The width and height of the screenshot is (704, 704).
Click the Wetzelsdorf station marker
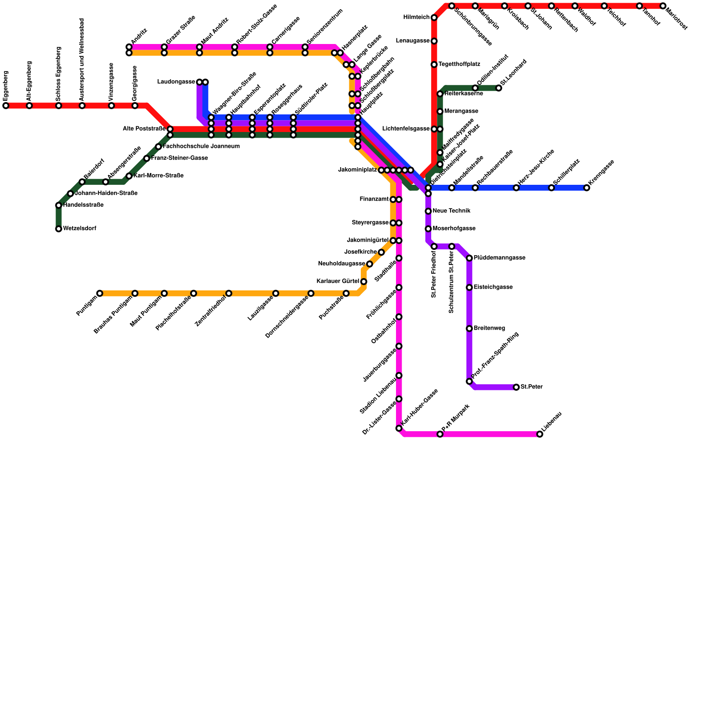tap(59, 229)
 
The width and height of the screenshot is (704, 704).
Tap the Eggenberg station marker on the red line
tap(6, 106)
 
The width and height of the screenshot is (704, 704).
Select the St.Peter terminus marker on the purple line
tap(516, 387)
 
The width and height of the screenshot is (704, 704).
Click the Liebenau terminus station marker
tap(540, 434)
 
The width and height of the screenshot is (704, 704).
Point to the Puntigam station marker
tap(100, 293)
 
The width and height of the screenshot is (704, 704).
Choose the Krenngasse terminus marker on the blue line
tap(587, 188)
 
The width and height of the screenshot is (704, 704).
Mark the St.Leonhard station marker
tap(499, 88)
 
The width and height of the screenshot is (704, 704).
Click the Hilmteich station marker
tap(434, 18)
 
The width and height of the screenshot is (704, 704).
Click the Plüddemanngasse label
tap(499, 258)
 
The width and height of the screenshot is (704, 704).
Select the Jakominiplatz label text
tap(358, 170)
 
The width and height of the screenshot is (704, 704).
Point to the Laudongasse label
tap(176, 82)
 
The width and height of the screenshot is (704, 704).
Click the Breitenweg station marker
tap(469, 329)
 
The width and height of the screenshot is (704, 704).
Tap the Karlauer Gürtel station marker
tap(364, 282)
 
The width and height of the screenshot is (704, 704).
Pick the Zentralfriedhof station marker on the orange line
tap(229, 293)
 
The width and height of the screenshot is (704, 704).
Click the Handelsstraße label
tap(83, 205)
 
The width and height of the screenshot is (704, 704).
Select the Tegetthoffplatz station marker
tap(434, 65)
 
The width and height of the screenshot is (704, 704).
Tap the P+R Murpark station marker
tap(440, 434)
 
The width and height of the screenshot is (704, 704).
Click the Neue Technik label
tap(451, 211)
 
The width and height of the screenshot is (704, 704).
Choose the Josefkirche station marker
tap(381, 252)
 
